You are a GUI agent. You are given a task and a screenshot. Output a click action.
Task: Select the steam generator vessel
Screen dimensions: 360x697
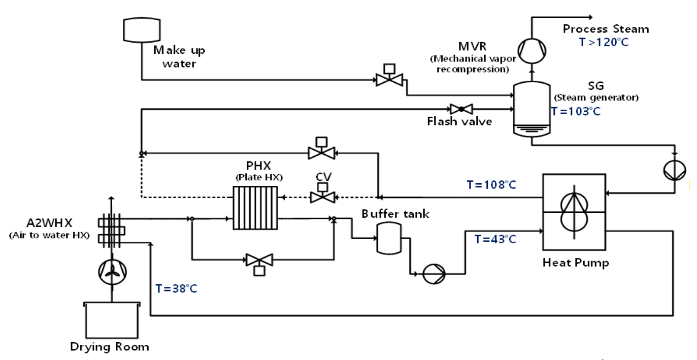tap(531, 110)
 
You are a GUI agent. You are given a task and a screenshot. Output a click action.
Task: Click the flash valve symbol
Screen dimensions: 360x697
tap(461, 109)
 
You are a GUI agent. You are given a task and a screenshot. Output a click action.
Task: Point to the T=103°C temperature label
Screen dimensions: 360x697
tap(576, 112)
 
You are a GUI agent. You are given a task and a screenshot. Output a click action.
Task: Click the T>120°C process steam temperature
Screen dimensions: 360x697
tap(604, 42)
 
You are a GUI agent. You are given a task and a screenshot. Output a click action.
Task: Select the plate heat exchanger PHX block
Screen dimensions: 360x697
tap(255, 208)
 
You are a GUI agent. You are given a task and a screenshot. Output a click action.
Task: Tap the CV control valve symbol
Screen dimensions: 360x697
tap(321, 197)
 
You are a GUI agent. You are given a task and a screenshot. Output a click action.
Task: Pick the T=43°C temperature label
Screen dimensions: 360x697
tap(495, 239)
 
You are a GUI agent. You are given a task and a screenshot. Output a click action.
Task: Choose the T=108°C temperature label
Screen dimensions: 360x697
tap(491, 185)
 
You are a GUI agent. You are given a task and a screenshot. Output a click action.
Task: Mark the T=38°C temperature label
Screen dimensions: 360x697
tap(176, 289)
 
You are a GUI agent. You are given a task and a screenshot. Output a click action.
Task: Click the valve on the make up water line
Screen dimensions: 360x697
tap(389, 79)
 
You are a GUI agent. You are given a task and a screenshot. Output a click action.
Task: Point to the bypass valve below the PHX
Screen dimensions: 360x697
tap(259, 259)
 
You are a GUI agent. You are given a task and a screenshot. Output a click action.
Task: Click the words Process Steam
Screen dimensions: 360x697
tap(605, 29)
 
